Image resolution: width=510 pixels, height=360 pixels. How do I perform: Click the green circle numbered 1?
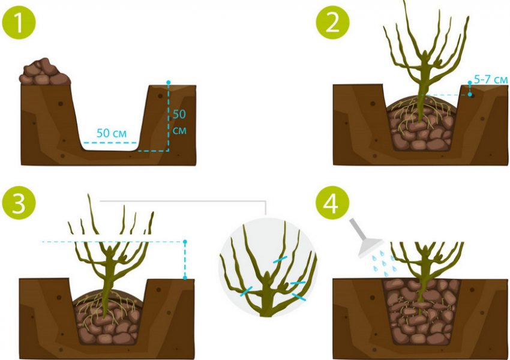click(x=19, y=22)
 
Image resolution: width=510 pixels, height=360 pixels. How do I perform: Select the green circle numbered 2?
click(x=333, y=22)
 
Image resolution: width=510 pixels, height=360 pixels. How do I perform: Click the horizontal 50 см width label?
click(x=111, y=133)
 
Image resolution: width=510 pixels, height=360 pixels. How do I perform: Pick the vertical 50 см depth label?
click(x=179, y=122)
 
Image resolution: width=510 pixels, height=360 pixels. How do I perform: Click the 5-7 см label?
click(x=490, y=79)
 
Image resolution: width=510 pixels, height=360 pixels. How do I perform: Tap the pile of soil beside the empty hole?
click(x=44, y=72)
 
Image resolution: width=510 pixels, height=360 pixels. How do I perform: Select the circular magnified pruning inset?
click(x=268, y=268)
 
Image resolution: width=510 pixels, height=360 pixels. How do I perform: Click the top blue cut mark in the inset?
click(x=280, y=259)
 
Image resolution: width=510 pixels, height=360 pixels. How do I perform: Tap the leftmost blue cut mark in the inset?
click(x=246, y=291)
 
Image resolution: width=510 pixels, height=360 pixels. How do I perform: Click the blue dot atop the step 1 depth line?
click(x=168, y=82)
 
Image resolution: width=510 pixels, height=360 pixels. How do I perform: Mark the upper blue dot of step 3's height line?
click(x=185, y=242)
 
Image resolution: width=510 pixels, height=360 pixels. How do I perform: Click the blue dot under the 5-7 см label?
click(x=470, y=95)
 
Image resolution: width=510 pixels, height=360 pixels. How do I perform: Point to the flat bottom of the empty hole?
click(x=110, y=150)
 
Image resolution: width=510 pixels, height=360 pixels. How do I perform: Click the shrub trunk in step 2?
click(x=422, y=94)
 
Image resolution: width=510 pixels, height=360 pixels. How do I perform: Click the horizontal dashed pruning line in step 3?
click(x=113, y=242)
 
